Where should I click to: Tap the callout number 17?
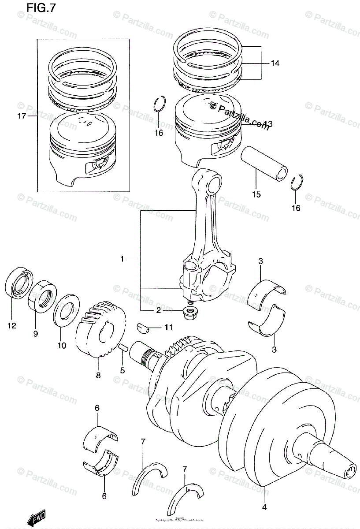[x=20, y=117]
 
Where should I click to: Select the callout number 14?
[x=275, y=63]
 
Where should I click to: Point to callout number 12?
[x=11, y=326]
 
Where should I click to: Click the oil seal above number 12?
[x=19, y=282]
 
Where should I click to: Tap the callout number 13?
[x=268, y=124]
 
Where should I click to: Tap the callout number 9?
[x=35, y=334]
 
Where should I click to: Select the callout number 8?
[x=98, y=376]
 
